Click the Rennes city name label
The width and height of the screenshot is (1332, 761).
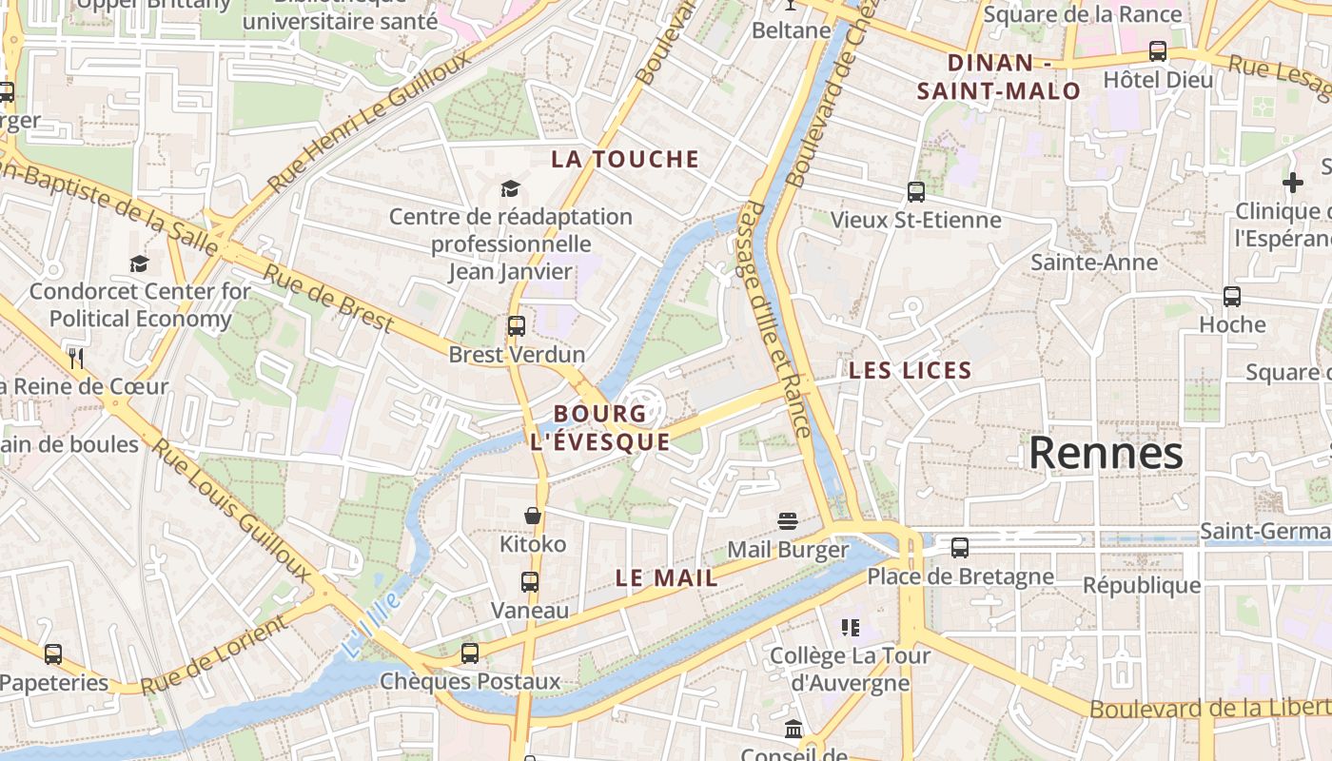click(1106, 453)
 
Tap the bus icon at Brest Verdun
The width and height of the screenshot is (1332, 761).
click(517, 326)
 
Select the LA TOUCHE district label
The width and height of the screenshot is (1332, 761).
click(625, 160)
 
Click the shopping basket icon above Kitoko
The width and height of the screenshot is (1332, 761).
click(533, 516)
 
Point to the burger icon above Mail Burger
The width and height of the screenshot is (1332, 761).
click(787, 520)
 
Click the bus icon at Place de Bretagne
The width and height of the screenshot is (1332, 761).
click(960, 548)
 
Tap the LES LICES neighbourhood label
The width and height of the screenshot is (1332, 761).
click(910, 371)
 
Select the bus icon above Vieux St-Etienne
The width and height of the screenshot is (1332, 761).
click(916, 192)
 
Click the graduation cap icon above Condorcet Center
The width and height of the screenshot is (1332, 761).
click(140, 263)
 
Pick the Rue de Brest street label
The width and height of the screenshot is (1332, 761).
click(328, 298)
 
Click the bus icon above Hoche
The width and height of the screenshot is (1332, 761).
click(1232, 297)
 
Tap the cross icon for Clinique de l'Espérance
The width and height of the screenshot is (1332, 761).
click(1292, 183)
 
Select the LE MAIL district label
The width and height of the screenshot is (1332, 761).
click(666, 577)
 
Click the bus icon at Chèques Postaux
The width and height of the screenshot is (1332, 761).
click(470, 654)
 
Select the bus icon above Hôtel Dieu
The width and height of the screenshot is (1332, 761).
click(1158, 51)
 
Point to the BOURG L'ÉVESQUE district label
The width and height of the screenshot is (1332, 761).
click(599, 427)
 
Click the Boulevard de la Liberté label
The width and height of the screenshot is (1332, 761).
click(1208, 709)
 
